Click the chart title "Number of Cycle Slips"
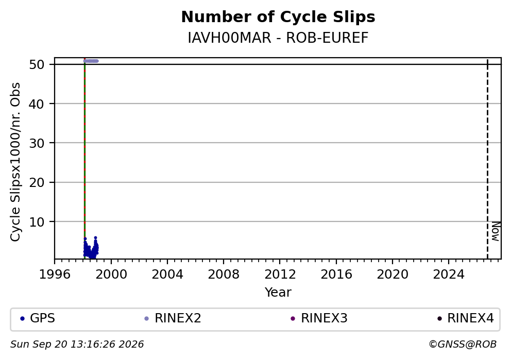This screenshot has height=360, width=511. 278,17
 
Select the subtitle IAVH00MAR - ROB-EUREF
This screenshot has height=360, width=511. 278,38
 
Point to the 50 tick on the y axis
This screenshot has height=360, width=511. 37,64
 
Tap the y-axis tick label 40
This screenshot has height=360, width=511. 37,104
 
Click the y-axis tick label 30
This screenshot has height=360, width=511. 37,143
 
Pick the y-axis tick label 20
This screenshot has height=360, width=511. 37,182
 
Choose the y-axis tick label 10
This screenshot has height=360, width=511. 37,222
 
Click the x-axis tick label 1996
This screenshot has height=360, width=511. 55,275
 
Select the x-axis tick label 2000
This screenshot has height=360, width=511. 111,275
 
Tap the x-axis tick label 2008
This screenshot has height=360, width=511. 224,275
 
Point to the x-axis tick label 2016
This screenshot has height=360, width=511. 336,275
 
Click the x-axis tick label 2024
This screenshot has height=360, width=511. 449,275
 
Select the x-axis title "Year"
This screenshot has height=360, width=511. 278,292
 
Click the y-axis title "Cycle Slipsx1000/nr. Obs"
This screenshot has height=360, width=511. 15,162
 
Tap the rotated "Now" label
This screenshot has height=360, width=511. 496,231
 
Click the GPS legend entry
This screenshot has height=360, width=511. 38,318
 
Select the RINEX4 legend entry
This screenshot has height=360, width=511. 465,318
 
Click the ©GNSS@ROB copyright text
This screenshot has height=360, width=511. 463,345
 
